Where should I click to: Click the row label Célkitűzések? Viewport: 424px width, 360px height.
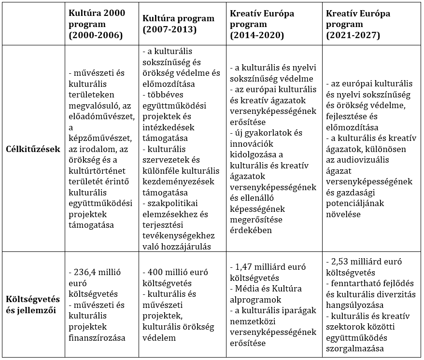33,149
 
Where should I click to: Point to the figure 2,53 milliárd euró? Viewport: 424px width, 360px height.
368,262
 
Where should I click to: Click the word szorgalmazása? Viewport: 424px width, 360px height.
354,349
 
